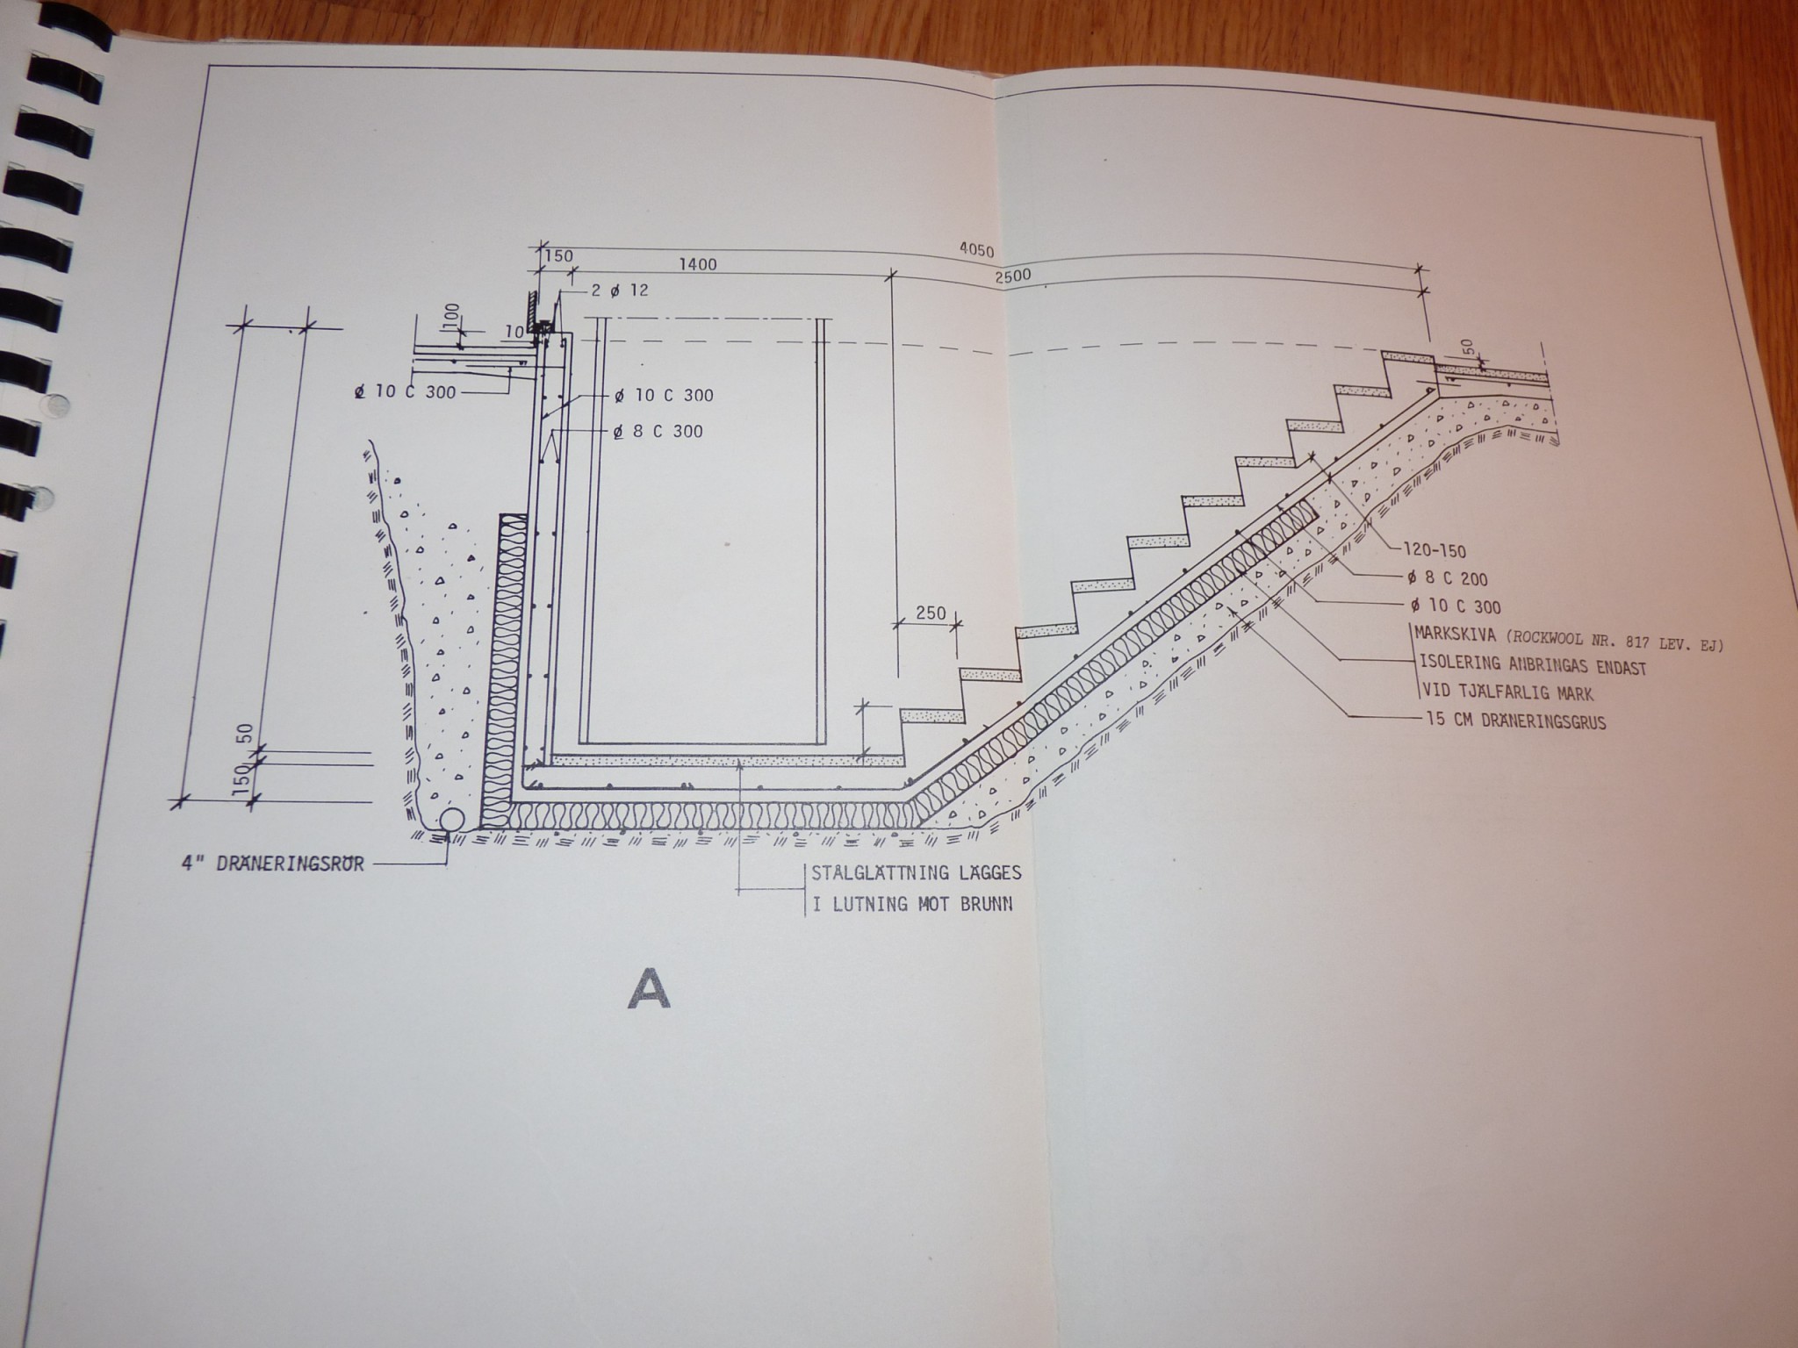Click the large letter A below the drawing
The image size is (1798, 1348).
[x=649, y=988]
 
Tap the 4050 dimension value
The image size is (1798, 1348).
[x=975, y=252]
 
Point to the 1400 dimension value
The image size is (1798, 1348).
[x=697, y=264]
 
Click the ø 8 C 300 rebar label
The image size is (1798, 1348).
[x=658, y=432]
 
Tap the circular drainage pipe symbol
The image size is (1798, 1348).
[x=452, y=820]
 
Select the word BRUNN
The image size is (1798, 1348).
[x=987, y=904]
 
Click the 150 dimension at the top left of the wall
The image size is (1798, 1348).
[x=557, y=256]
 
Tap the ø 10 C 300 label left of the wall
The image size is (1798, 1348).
[x=404, y=392]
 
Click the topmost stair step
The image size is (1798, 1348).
[x=1407, y=356]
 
